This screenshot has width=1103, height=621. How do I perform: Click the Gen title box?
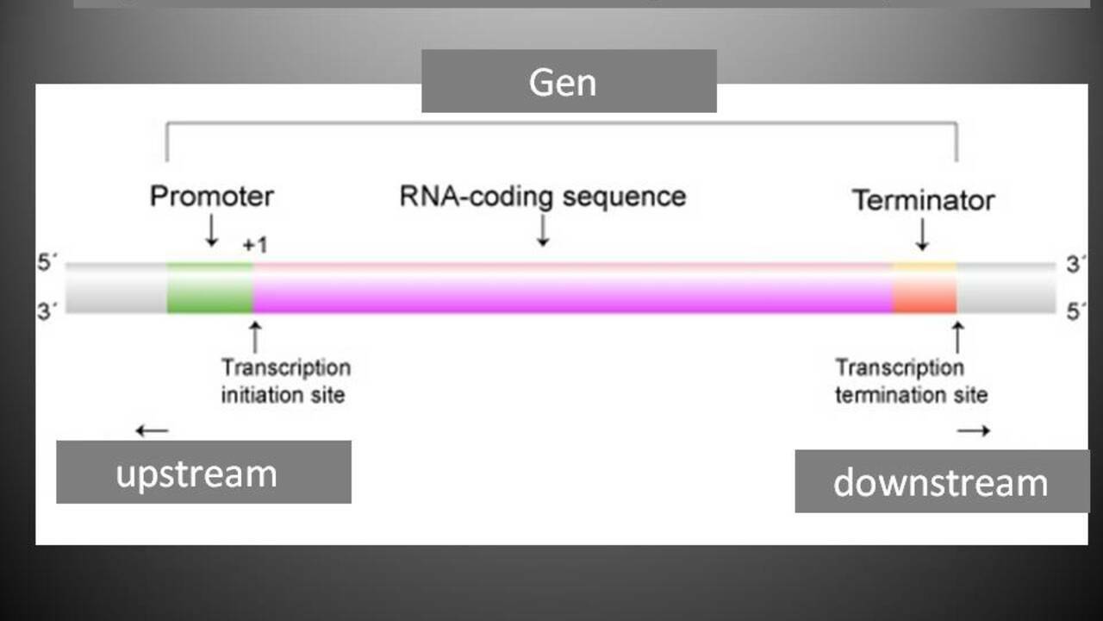click(569, 81)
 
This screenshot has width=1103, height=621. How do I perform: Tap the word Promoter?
click(211, 196)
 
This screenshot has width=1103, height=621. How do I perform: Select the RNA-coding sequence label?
click(543, 196)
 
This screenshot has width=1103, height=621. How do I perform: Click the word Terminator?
click(923, 200)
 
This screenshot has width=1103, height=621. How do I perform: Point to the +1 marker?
click(255, 245)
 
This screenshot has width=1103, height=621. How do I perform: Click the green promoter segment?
click(210, 288)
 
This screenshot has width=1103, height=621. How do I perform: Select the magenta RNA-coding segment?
click(569, 288)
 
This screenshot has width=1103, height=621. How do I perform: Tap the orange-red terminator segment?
click(924, 288)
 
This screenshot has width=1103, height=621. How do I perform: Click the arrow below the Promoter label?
click(211, 230)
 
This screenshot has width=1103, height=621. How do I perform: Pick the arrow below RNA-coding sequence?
click(542, 230)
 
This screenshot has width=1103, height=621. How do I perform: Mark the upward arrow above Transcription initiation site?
click(254, 336)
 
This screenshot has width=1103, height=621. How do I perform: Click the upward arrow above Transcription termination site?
click(957, 336)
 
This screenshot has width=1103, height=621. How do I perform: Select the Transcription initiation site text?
click(285, 381)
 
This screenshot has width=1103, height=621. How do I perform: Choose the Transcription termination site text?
click(911, 381)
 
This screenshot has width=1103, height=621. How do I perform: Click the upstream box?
click(203, 472)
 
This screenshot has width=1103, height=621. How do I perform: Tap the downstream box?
click(941, 481)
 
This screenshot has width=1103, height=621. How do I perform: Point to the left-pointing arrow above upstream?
click(153, 430)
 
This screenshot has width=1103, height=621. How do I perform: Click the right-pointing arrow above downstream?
click(974, 430)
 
